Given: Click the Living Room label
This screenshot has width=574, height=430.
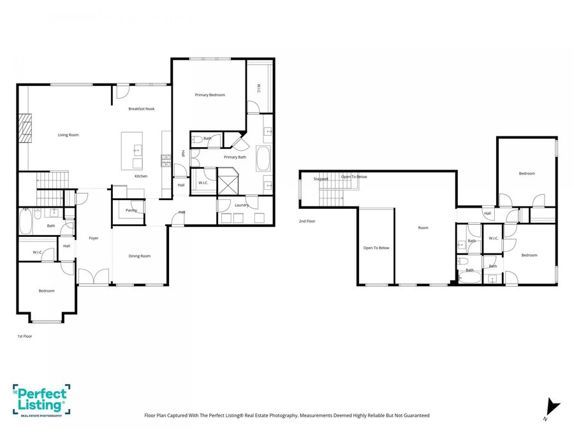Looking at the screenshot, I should pyautogui.click(x=68, y=135).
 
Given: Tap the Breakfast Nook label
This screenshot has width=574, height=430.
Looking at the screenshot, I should pyautogui.click(x=141, y=109).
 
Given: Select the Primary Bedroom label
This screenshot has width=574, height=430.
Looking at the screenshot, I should pyautogui.click(x=210, y=95).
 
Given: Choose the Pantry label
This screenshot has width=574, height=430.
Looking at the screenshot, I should pyautogui.click(x=131, y=210).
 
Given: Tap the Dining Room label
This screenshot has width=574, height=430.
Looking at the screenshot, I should pyautogui.click(x=140, y=256).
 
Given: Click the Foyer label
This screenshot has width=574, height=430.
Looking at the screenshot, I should pyautogui.click(x=94, y=238).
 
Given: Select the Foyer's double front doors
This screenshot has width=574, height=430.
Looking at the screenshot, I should pyautogui.click(x=93, y=277).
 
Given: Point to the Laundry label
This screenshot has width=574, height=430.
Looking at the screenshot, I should pyautogui.click(x=241, y=205).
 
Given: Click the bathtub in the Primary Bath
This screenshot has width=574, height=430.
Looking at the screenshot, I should pyautogui.click(x=263, y=158).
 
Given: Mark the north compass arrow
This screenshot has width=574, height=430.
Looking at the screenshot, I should pyautogui.click(x=553, y=406).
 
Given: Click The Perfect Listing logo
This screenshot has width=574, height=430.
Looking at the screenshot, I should pyautogui.click(x=40, y=400).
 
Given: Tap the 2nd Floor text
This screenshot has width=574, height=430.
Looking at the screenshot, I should pyautogui.click(x=307, y=221).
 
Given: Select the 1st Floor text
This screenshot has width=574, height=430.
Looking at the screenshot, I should pyautogui.click(x=24, y=336).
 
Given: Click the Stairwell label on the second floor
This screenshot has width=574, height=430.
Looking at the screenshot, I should pyautogui.click(x=321, y=179).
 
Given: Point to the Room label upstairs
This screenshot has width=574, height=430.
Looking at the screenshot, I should pyautogui.click(x=423, y=227).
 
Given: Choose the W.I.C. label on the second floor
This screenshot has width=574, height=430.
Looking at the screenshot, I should pyautogui.click(x=493, y=238).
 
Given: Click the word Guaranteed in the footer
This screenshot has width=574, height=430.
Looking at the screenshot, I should pyautogui.click(x=415, y=415).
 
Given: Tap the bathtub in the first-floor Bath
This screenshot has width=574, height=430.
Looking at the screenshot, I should pyautogui.click(x=25, y=223).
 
